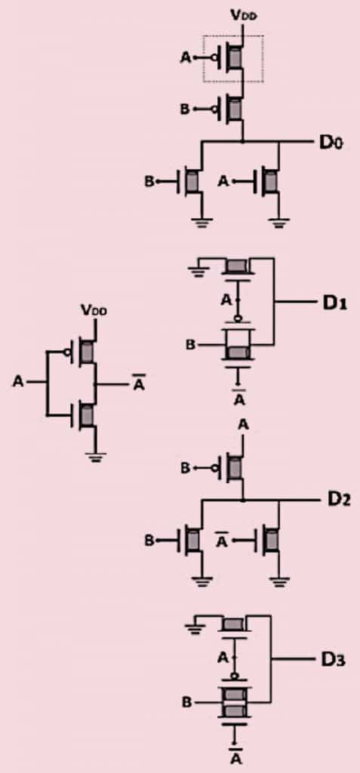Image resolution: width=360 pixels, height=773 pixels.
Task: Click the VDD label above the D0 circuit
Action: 242,14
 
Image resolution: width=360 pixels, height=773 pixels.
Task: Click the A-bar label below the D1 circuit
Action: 239,399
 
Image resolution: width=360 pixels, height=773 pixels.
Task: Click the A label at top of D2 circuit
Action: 242,424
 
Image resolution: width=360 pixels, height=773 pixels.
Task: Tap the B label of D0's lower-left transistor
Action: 149,182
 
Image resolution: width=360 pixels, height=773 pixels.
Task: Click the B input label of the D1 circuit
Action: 191,345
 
